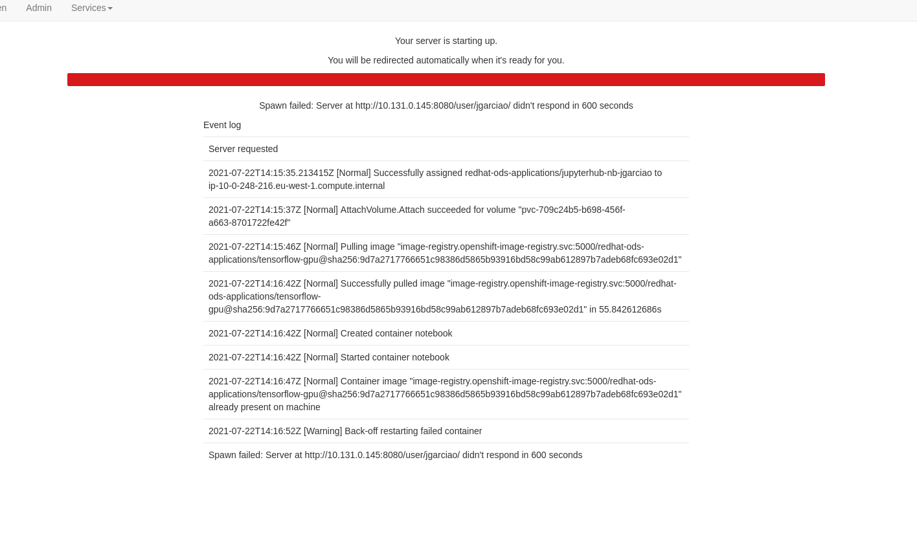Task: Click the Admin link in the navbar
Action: tap(39, 8)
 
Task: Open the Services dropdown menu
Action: tap(91, 8)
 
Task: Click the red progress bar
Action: tap(446, 80)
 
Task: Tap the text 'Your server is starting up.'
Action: tap(446, 41)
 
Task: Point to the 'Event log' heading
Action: tap(222, 125)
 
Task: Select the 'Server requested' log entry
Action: tap(243, 149)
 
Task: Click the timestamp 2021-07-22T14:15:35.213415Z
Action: tap(271, 173)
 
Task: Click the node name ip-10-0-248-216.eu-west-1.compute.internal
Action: tap(297, 186)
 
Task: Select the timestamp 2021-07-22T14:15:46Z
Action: tap(255, 247)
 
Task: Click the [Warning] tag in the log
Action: tap(323, 431)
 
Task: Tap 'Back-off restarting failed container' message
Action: tap(413, 431)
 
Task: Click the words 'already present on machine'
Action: tap(264, 407)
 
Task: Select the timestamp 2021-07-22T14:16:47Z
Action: tap(255, 381)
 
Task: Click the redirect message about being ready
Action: tap(446, 60)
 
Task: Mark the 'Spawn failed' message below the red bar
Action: tap(446, 105)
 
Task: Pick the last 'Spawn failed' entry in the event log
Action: tap(395, 455)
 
